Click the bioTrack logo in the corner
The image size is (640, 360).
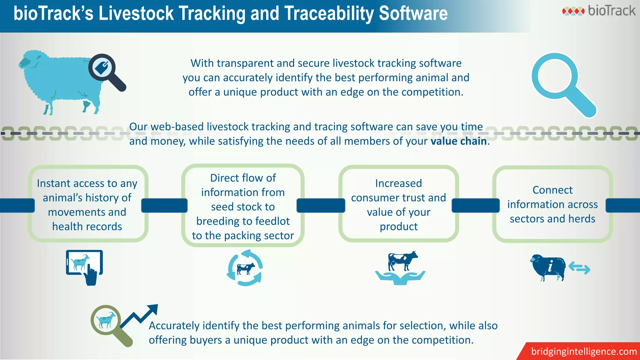pyautogui.click(x=598, y=11)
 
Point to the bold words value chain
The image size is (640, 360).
pyautogui.click(x=458, y=141)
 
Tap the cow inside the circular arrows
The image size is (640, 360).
pyautogui.click(x=246, y=268)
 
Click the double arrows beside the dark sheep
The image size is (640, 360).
pyautogui.click(x=579, y=268)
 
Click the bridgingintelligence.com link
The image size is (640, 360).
pyautogui.click(x=584, y=352)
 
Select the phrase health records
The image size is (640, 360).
pyautogui.click(x=87, y=227)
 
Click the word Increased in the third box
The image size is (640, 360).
pyautogui.click(x=398, y=183)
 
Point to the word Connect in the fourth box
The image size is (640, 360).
pyautogui.click(x=552, y=190)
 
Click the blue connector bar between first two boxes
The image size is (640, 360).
pyautogui.click(x=164, y=206)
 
